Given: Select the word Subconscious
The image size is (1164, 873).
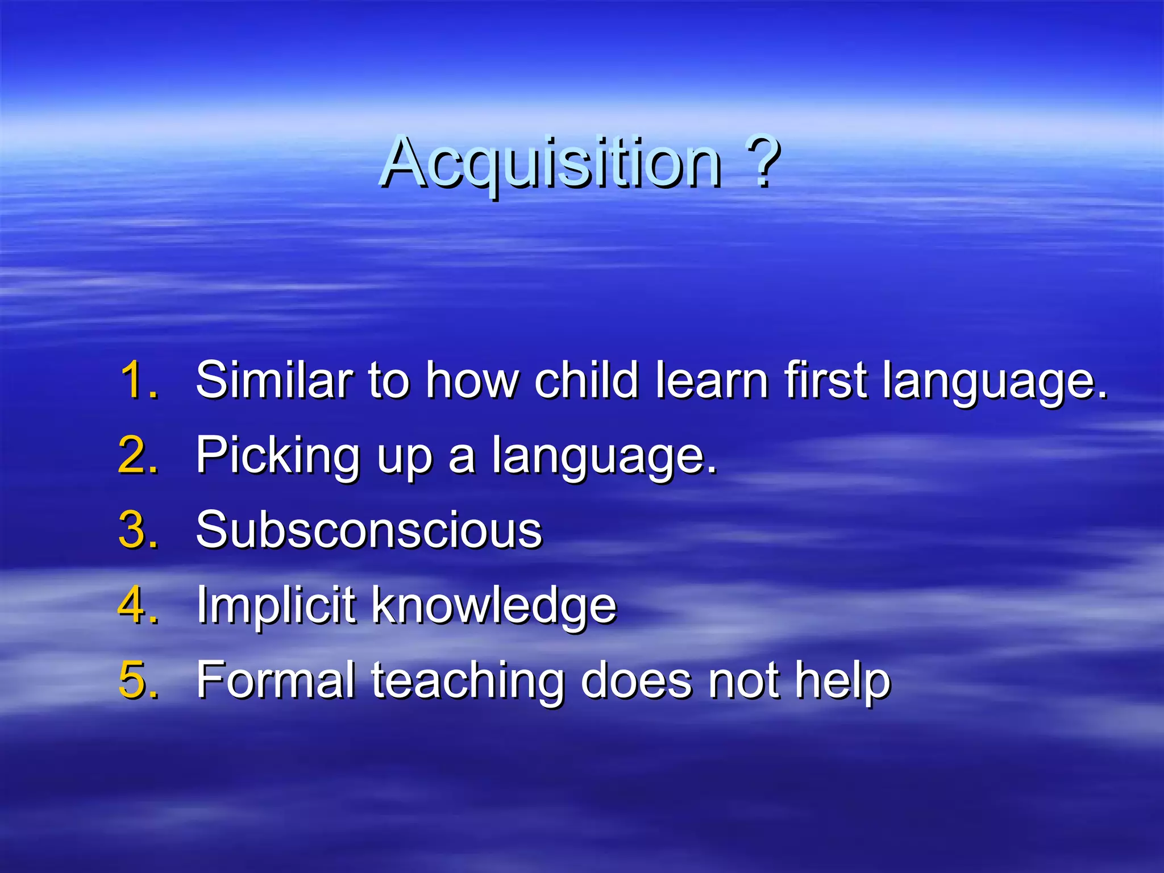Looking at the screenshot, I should (369, 530).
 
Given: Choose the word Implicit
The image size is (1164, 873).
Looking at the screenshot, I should (276, 606).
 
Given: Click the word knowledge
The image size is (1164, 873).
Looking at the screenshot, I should (493, 606).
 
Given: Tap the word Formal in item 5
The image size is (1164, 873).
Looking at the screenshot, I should (276, 680).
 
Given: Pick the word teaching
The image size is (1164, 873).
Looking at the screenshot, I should (467, 681).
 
